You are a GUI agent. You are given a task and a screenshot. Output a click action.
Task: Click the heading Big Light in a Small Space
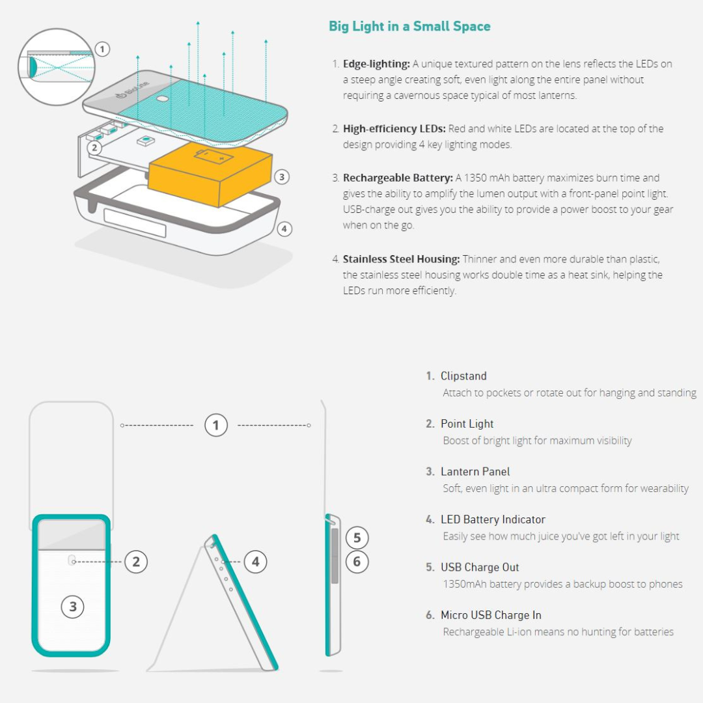[409, 26]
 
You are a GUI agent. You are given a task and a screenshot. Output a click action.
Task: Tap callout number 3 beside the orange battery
[282, 176]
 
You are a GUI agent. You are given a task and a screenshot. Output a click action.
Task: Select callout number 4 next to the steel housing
[284, 229]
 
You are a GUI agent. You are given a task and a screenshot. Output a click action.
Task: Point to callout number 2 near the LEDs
[94, 148]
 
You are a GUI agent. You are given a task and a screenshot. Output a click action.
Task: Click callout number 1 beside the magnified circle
[102, 49]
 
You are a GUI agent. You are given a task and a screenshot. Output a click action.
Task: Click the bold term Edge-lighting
[376, 64]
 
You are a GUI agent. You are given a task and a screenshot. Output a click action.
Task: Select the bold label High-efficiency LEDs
[394, 129]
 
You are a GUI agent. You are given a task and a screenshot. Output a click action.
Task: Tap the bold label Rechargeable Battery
[398, 178]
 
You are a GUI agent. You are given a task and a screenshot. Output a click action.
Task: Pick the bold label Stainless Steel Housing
[401, 259]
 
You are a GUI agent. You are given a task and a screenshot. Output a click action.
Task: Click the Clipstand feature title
[463, 376]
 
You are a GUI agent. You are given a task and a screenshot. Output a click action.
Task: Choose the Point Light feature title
[467, 424]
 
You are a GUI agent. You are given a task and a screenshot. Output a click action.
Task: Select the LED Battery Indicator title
[493, 519]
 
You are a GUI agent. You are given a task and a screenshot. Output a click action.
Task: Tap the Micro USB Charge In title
[491, 615]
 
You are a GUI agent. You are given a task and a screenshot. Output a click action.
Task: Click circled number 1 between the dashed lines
[216, 425]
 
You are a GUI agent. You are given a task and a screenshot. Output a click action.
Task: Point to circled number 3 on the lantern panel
[73, 607]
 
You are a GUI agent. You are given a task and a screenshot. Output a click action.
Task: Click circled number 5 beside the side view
[357, 538]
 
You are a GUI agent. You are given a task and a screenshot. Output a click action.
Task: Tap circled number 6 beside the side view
[357, 561]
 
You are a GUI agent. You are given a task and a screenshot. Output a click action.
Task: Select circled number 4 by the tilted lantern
[256, 562]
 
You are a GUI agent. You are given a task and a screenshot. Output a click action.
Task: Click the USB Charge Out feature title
[480, 567]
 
